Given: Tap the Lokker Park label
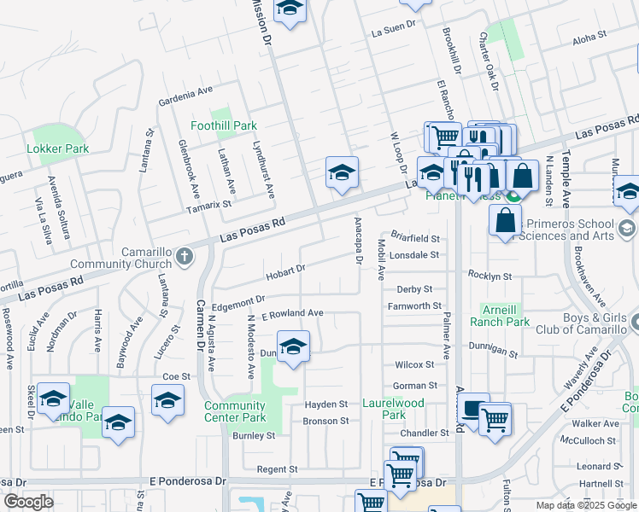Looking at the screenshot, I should click(x=58, y=148).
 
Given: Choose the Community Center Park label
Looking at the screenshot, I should click(x=235, y=411).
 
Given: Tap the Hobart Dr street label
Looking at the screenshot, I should click(x=285, y=273).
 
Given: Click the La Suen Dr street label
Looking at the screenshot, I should click(x=393, y=33).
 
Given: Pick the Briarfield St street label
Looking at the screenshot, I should click(x=414, y=239).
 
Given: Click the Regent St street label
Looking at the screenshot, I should click(x=277, y=468).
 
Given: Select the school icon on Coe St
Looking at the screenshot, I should click(x=168, y=400).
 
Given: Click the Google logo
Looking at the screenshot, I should click(x=28, y=502).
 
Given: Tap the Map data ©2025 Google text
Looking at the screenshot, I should click(x=585, y=505).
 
